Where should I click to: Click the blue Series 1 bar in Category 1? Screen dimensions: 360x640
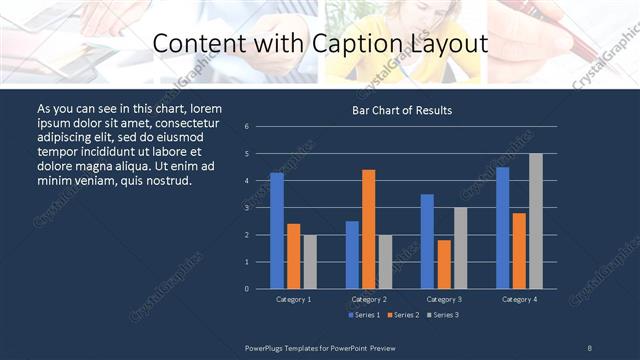277,231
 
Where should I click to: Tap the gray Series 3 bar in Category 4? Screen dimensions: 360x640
536,221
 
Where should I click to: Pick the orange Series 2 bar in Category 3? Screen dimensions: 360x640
444,264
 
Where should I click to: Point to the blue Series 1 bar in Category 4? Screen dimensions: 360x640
503,228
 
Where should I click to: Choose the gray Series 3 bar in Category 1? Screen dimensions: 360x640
310,262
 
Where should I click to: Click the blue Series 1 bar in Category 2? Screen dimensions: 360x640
352,255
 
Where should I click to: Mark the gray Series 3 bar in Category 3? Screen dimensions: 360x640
460,248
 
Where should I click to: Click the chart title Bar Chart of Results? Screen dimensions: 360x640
402,110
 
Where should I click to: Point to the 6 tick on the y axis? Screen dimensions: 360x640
247,127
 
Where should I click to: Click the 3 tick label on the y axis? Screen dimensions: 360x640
247,208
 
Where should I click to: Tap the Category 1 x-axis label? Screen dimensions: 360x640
293,299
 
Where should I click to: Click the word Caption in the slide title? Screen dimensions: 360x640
378,44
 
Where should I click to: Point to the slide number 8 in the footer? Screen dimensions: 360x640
590,347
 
